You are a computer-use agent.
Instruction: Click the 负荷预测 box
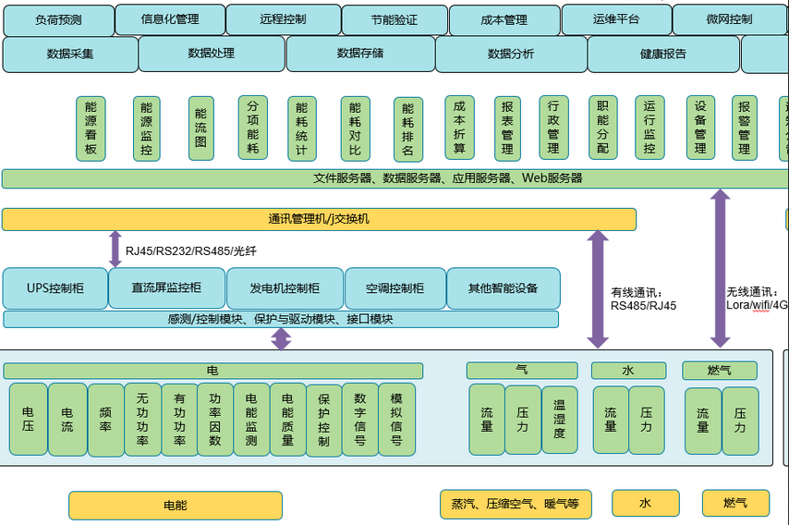pos(59,19)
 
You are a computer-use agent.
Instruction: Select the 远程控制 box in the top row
pos(283,19)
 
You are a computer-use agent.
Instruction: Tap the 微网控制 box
pos(729,19)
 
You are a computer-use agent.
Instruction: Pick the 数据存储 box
pos(359,54)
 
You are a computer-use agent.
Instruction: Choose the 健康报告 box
pos(662,54)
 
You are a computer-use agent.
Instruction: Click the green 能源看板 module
pos(91,128)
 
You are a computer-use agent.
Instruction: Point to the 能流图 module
pos(200,128)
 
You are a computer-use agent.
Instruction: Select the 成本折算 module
pos(459,128)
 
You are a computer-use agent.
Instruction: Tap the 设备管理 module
pos(700,128)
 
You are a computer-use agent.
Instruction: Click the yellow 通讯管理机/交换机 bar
pos(319,219)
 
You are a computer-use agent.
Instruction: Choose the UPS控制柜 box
pos(55,288)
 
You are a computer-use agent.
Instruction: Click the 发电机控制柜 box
pos(285,288)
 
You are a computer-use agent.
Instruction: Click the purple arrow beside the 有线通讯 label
pos(598,288)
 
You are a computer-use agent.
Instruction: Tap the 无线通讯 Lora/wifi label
pos(757,298)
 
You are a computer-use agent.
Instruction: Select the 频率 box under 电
pos(105,420)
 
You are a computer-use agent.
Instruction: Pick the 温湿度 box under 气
pos(559,420)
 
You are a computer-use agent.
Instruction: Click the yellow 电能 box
pos(175,506)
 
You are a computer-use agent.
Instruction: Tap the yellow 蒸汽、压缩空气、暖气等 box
pos(515,504)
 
